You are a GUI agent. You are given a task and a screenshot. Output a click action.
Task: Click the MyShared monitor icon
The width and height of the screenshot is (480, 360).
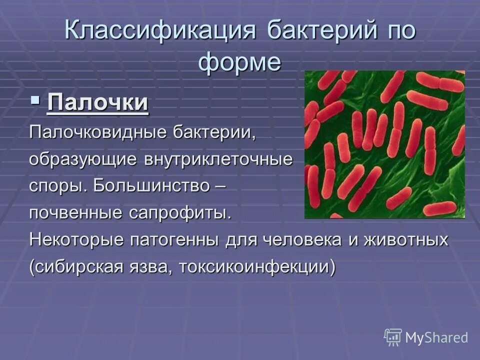pos(392,336)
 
